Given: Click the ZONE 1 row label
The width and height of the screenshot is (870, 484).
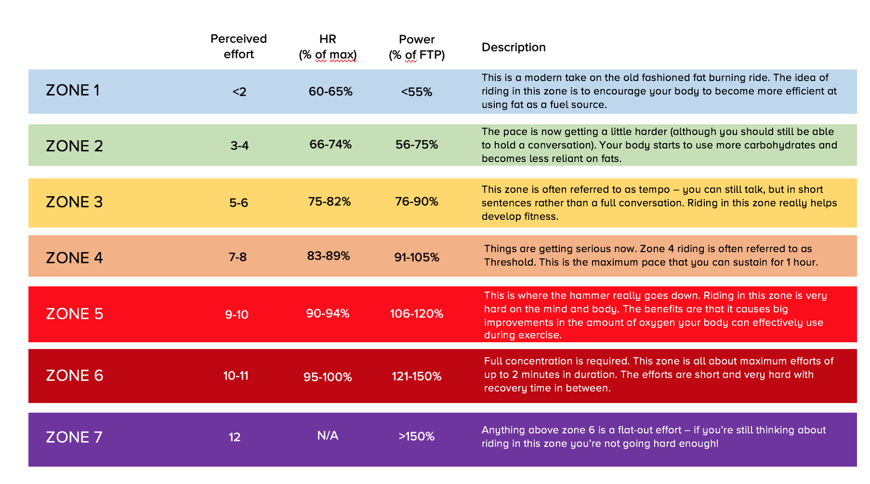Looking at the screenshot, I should [73, 91].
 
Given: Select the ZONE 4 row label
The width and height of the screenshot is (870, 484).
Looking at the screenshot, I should [74, 258].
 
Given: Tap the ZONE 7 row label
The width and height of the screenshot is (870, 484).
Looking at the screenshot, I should [74, 437].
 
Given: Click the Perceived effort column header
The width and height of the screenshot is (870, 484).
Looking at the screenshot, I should [238, 46].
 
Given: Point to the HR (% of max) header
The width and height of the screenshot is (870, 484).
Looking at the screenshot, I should [328, 47].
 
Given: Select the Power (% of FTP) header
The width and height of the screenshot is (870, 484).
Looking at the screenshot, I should [417, 47].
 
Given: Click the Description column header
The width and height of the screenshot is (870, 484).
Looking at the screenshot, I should [514, 47].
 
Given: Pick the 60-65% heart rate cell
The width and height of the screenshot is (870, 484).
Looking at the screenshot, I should [330, 92].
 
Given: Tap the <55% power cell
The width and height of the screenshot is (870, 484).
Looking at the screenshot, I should [417, 92].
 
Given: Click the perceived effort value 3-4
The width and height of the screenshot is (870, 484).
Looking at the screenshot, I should [239, 146].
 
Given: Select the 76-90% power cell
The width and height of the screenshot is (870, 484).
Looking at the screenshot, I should [417, 202].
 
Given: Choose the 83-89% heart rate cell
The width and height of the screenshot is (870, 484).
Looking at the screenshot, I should [329, 256].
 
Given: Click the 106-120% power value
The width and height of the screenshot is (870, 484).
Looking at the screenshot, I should [417, 314].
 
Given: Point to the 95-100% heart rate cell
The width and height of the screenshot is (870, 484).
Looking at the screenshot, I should [328, 377].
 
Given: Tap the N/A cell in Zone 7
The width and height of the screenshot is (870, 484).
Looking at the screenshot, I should [328, 436].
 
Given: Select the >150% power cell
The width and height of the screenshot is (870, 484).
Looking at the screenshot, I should [417, 437].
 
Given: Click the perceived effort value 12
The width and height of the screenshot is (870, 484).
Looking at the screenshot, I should [235, 437].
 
